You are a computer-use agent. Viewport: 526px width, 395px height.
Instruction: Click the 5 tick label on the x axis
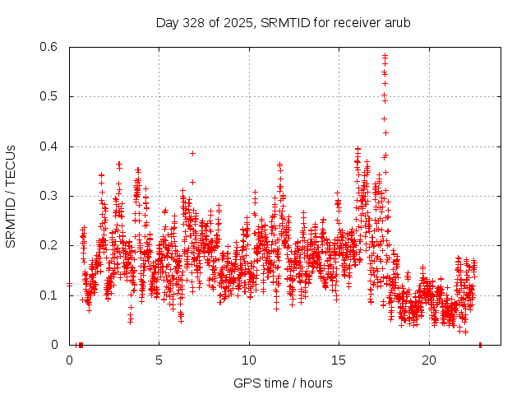click(159, 360)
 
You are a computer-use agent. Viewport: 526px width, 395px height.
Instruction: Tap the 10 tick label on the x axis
click(249, 360)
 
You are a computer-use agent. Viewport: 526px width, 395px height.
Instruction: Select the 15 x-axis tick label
click(339, 360)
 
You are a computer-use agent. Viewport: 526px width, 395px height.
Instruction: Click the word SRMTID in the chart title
click(280, 22)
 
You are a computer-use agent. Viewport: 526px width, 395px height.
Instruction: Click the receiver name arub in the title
click(396, 22)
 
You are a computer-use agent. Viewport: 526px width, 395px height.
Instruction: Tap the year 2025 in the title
click(236, 22)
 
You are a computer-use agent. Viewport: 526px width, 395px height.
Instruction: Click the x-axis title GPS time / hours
click(283, 383)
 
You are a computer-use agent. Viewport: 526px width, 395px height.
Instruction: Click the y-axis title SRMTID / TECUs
click(11, 196)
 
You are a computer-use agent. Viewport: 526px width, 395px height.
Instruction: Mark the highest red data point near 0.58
click(385, 55)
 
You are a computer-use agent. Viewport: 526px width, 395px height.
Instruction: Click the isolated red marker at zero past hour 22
click(480, 344)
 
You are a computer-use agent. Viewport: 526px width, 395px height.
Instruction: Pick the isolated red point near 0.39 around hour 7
click(192, 153)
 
